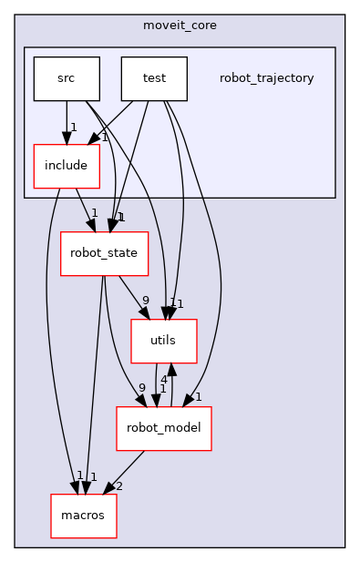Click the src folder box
point(66,78)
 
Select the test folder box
point(154,78)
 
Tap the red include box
point(66,166)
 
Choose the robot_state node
point(104,253)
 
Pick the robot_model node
point(163,428)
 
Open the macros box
point(83,516)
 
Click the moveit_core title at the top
point(180,26)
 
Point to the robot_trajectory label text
point(266,78)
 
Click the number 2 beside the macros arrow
point(119,486)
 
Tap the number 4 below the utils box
point(163,378)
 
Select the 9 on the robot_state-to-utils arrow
point(145,301)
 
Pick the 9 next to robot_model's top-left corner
point(141,388)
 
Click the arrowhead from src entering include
point(66,138)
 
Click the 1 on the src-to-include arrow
point(73,127)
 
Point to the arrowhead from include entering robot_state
point(91,226)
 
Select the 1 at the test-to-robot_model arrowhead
point(198,397)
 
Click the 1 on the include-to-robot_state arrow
point(94,212)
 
